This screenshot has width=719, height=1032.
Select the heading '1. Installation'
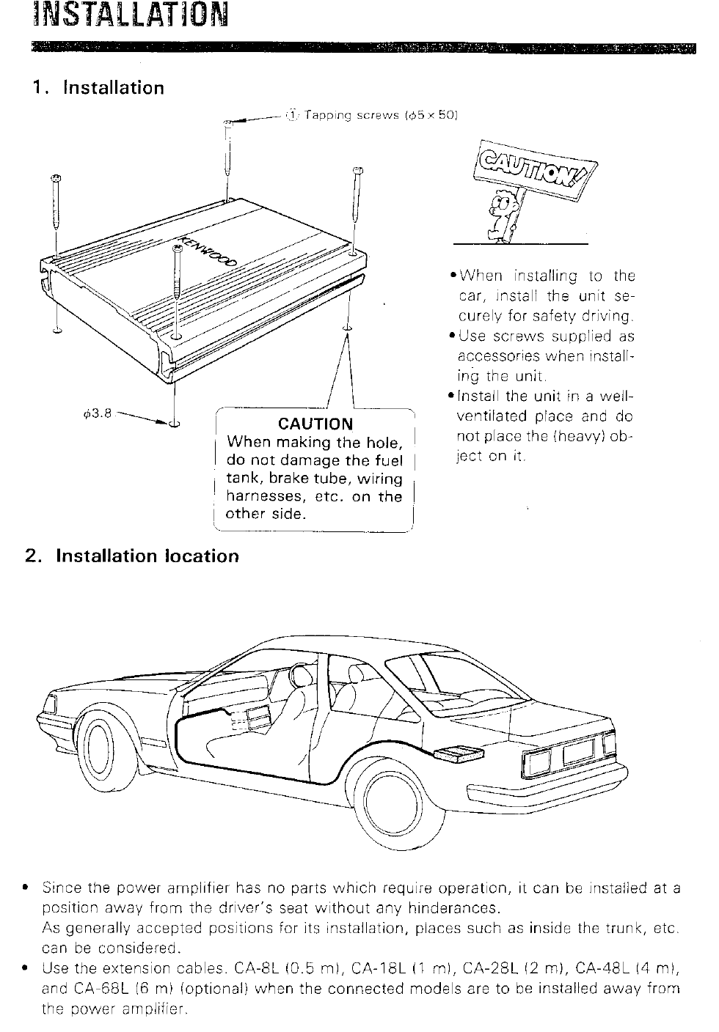coord(98,88)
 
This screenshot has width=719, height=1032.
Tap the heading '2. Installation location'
coord(132,556)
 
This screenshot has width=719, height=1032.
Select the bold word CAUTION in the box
coord(315,424)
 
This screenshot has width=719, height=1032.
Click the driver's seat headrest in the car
coord(303,672)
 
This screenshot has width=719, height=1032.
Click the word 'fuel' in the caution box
coord(389,460)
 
